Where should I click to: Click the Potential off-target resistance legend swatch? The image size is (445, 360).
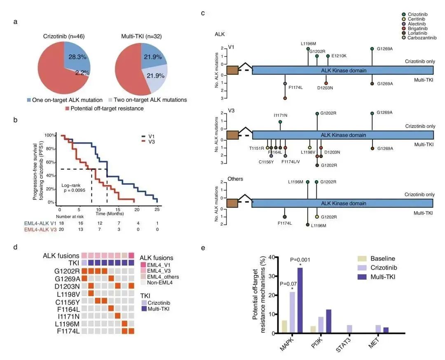pyautogui.click(x=68, y=108)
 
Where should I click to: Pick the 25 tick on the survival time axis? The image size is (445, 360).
pyautogui.click(x=157, y=209)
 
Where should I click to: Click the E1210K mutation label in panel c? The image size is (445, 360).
pyautogui.click(x=339, y=56)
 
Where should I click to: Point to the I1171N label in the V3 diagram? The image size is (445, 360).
pyautogui.click(x=281, y=115)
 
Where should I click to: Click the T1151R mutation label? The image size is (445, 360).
pyautogui.click(x=257, y=148)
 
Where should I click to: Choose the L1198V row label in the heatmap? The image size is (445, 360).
pyautogui.click(x=67, y=293)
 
